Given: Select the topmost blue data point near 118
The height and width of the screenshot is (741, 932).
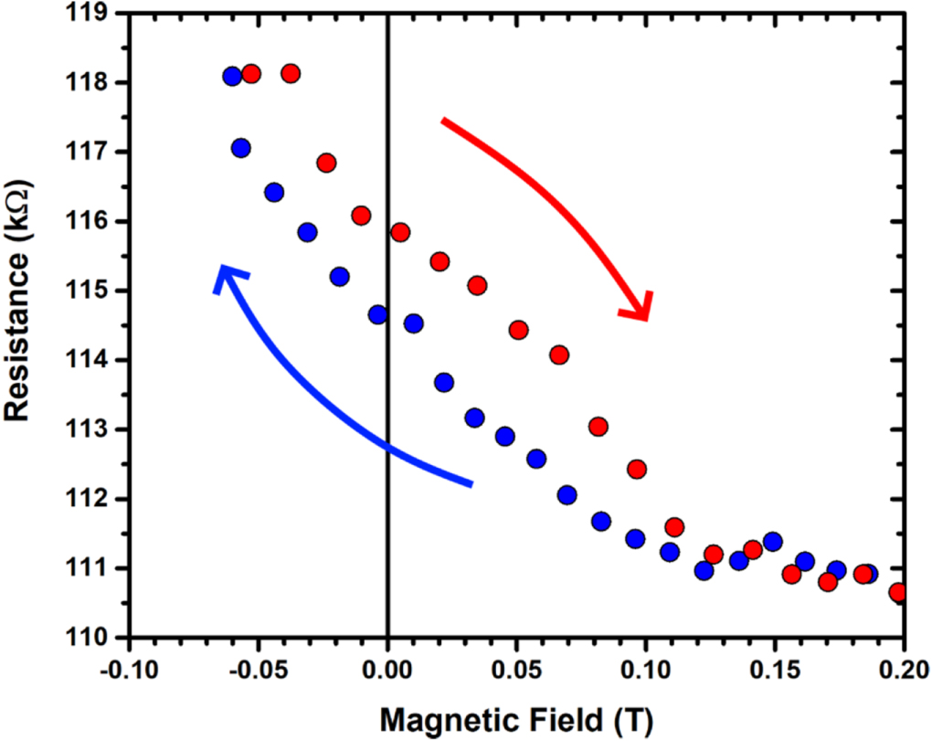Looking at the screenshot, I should pos(232,77).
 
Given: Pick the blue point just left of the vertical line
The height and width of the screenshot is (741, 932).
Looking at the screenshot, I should pos(377,315).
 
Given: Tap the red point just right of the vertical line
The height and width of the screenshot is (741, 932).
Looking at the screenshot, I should pos(399,232).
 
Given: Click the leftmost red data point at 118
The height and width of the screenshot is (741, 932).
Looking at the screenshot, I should pos(251,74).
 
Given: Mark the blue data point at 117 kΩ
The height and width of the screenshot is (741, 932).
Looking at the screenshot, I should pos(240,147).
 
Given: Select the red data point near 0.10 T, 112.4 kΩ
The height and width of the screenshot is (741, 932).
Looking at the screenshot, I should pos(637,469).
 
